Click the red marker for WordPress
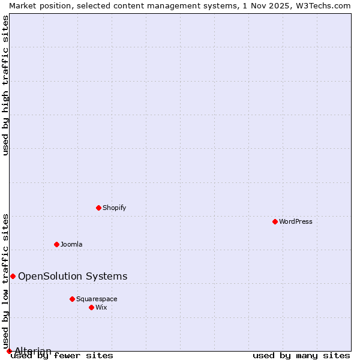tap(275, 221)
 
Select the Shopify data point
tap(98, 208)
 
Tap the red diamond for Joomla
tap(56, 244)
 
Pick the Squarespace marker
tap(72, 299)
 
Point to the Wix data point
tap(91, 307)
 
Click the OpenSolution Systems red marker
tap(13, 276)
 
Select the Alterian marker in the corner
tap(9, 351)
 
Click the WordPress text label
tap(296, 221)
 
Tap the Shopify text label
tap(114, 208)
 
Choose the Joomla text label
tap(71, 244)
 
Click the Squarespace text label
tap(97, 299)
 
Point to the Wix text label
tap(101, 307)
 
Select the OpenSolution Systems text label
tap(73, 276)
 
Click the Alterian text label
tap(33, 351)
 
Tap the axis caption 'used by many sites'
tap(301, 356)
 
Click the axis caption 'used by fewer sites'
tap(62, 356)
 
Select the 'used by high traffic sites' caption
tap(5, 85)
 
